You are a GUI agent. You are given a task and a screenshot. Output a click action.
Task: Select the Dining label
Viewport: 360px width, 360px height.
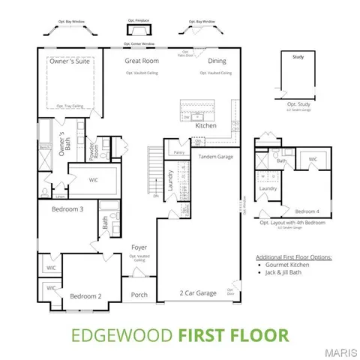217,60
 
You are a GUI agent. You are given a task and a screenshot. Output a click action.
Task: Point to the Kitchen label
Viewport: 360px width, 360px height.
206,126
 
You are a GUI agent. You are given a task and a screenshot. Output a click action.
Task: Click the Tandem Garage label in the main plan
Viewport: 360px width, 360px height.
216,156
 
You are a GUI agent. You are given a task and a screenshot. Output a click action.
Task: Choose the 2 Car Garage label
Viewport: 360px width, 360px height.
198,292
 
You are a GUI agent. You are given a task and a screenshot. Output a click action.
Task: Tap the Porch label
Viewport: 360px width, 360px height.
139,294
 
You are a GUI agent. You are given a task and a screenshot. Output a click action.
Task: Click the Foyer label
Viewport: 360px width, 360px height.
139,247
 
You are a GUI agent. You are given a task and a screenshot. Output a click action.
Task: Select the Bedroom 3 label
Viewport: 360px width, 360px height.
67,209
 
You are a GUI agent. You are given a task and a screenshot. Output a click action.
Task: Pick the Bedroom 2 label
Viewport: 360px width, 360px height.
85,296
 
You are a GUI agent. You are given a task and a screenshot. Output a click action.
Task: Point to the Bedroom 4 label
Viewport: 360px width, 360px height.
307,211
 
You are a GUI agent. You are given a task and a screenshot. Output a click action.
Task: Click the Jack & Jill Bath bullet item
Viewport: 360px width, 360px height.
288,274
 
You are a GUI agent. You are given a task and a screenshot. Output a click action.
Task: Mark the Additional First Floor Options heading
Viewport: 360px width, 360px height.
293,256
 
